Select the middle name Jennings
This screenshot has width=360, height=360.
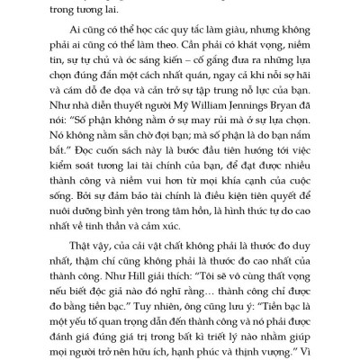point(252,103)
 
